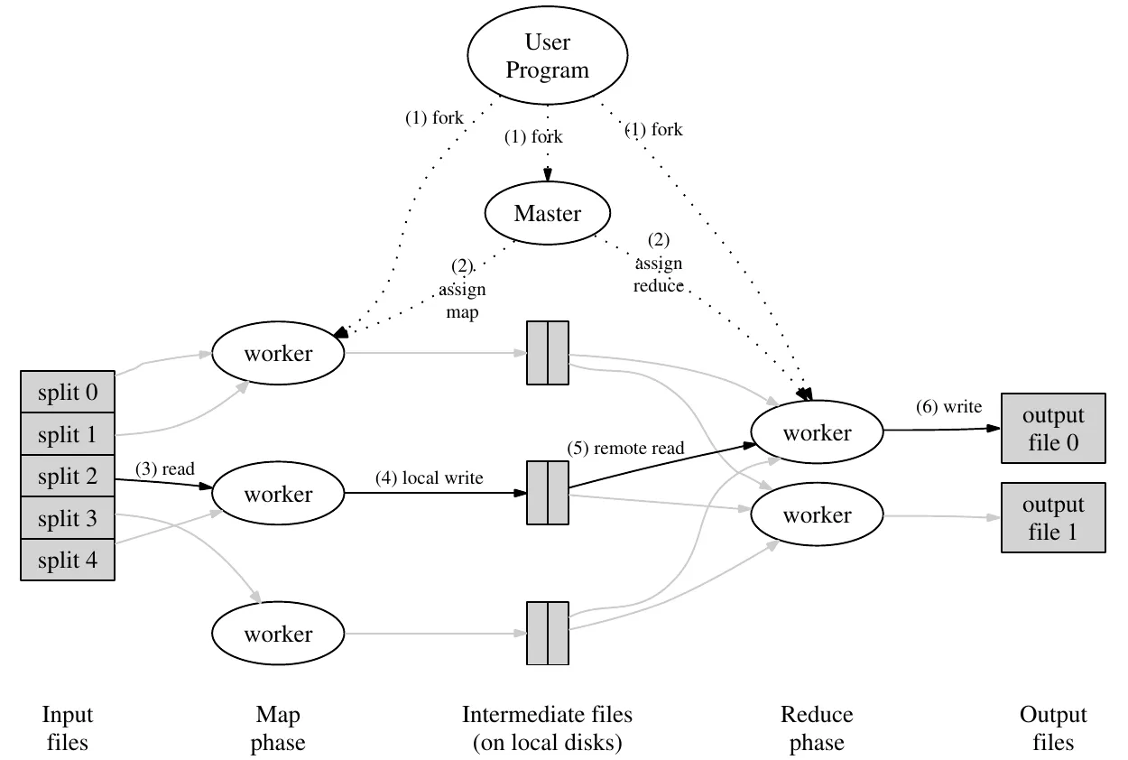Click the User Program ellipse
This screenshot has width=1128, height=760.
[547, 56]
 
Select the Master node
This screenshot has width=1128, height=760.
[547, 214]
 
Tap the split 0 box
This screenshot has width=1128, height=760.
[68, 393]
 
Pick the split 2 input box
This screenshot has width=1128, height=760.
[68, 477]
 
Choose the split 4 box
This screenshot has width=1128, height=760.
[68, 561]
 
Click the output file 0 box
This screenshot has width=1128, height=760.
[1053, 430]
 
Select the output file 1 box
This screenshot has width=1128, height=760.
[1053, 518]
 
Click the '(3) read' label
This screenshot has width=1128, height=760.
[165, 469]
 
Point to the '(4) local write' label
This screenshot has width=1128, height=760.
[430, 478]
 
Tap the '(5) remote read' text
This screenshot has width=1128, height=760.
[625, 447]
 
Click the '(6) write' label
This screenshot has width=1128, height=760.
[948, 407]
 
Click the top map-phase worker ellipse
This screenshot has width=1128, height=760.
[278, 354]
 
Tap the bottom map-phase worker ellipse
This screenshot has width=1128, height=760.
[278, 634]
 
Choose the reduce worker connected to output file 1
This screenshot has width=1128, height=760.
[817, 515]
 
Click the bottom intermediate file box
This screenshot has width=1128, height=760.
[548, 634]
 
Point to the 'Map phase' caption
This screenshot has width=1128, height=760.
[278, 729]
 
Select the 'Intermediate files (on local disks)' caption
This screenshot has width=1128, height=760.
[548, 729]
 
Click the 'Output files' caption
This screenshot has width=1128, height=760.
[1053, 729]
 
